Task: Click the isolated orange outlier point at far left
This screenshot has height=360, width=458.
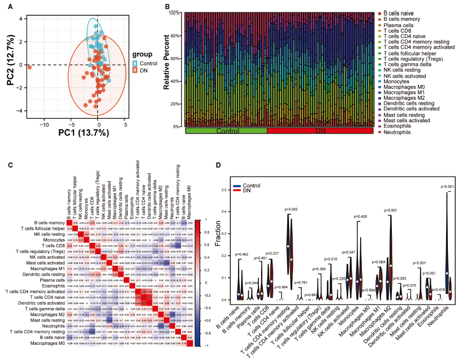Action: click(x=29, y=66)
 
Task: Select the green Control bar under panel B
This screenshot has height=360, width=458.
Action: click(x=226, y=131)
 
